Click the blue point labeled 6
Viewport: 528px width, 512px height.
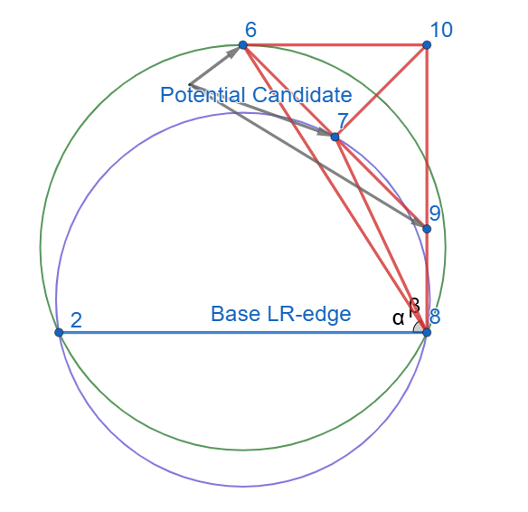tap(243, 45)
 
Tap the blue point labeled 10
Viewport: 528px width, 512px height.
tap(427, 45)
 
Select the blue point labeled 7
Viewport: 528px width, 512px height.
tap(335, 137)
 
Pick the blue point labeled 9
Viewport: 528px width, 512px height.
tap(427, 229)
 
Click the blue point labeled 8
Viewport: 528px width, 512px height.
tap(427, 333)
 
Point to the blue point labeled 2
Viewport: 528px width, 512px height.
tap(59, 333)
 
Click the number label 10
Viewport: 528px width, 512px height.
tap(441, 30)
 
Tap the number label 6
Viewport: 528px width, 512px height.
tap(250, 30)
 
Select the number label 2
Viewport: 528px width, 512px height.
tap(76, 320)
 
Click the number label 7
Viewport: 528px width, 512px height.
tap(343, 120)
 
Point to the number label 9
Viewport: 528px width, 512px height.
tap(435, 213)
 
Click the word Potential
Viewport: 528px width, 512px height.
tap(203, 95)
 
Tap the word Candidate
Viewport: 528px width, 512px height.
tap(302, 95)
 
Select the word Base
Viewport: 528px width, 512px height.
tap(235, 314)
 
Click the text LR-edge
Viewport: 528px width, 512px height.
tap(309, 315)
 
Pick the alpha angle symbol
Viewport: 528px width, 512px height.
tap(398, 318)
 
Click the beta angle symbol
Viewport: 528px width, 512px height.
tap(414, 307)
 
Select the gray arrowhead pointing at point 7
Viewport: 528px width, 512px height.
tap(325, 133)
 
